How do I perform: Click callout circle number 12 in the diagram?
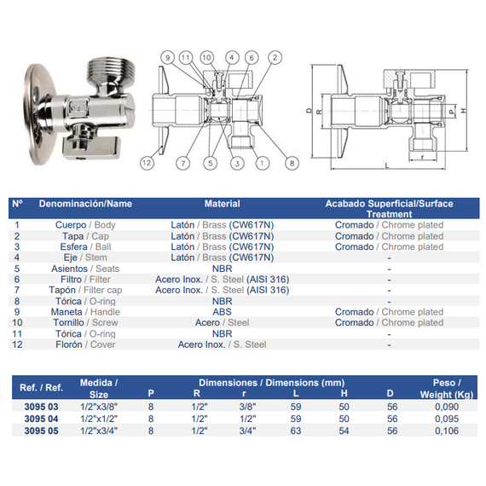[147, 163]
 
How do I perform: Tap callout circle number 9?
[168, 58]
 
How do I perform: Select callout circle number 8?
[292, 163]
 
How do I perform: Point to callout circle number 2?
[275, 58]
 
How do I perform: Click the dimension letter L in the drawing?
[387, 165]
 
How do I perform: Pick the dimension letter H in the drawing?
[464, 110]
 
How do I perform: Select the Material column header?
[222, 204]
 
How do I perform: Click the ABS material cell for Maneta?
[222, 312]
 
